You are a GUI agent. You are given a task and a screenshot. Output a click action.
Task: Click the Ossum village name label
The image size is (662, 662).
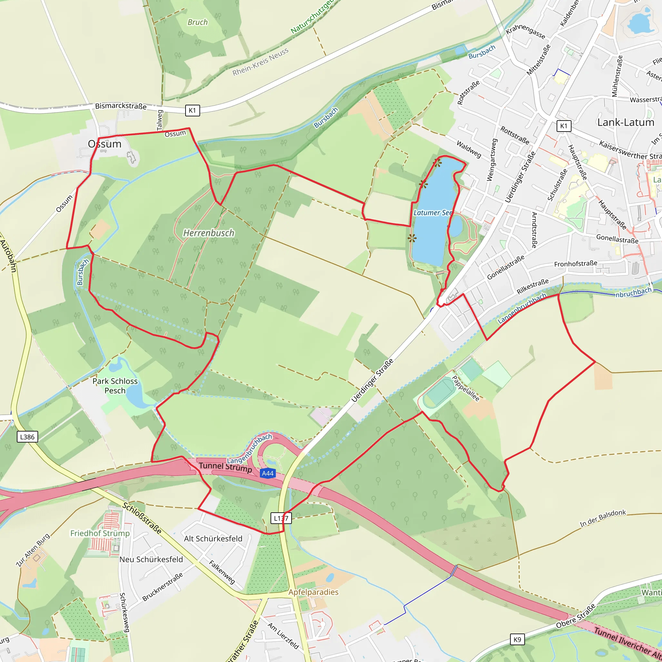point(104,144)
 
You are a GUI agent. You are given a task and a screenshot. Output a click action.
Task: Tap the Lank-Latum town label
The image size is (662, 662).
point(626,122)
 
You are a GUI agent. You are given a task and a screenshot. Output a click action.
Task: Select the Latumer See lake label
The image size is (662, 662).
point(433,213)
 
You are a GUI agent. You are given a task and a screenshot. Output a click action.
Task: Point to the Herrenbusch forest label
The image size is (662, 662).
point(209,233)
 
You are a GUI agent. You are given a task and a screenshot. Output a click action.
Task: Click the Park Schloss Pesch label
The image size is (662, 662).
point(115,386)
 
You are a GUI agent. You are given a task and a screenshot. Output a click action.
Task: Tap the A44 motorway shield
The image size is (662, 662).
point(267,474)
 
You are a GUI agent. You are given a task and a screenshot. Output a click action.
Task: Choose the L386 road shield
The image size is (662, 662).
point(27,437)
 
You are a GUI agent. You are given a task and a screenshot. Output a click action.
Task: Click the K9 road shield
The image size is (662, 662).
point(517,640)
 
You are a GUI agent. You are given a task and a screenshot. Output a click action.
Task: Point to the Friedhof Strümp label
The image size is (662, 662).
point(100,533)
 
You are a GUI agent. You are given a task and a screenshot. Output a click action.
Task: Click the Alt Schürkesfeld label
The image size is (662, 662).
point(213,539)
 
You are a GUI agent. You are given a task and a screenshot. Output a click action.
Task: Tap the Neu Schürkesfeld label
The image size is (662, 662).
point(151,560)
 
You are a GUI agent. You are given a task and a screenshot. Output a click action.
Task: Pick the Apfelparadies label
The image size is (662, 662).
point(313,592)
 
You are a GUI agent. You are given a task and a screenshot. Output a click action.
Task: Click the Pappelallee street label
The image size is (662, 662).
point(466,389)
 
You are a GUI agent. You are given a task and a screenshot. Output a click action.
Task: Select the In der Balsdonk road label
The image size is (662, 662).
point(603,518)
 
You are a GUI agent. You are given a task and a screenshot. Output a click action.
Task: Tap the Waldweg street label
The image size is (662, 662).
point(469,149)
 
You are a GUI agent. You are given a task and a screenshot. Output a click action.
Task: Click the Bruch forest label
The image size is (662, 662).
point(198,22)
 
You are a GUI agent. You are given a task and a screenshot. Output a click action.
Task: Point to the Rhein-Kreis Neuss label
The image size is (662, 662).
point(261,62)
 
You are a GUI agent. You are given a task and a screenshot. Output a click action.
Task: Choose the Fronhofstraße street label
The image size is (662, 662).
point(576,263)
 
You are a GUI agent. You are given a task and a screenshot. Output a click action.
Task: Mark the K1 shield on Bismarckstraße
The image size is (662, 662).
point(192,110)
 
